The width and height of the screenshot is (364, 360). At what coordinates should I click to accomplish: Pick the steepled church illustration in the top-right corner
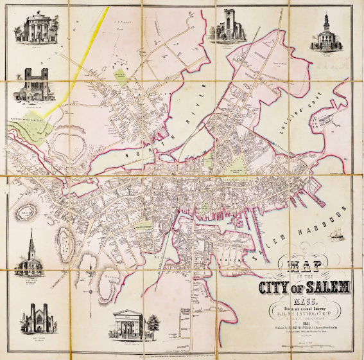328,32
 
